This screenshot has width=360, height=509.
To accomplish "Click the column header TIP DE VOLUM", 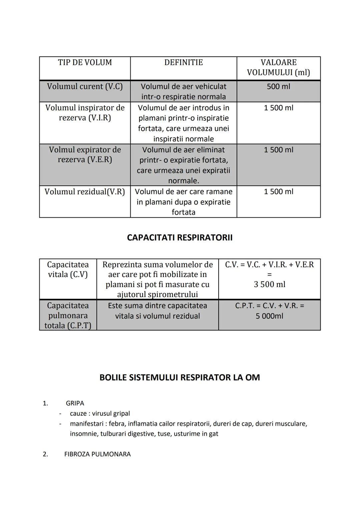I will [x=85, y=63].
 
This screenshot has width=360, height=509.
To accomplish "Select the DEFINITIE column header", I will [x=183, y=63].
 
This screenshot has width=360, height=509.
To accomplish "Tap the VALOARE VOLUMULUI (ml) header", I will [x=278, y=67].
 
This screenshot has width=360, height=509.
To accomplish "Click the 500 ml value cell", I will [x=278, y=87].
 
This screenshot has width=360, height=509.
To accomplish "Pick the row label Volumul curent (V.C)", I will [x=85, y=87].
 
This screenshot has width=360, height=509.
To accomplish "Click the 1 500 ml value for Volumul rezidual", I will [x=278, y=192].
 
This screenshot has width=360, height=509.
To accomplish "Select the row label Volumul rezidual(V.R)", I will [x=85, y=192].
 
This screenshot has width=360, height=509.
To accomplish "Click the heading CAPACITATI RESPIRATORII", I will [x=180, y=238].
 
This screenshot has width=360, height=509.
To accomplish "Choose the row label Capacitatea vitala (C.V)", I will [x=68, y=270].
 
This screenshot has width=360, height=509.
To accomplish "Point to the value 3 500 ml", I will [x=269, y=284].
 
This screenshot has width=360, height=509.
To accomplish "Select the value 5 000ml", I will [x=269, y=316].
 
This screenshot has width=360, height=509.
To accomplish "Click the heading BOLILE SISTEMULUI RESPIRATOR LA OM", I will [x=180, y=378].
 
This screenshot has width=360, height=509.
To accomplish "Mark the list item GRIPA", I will [x=75, y=403].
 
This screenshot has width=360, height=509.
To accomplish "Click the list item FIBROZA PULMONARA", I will [x=97, y=454].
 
